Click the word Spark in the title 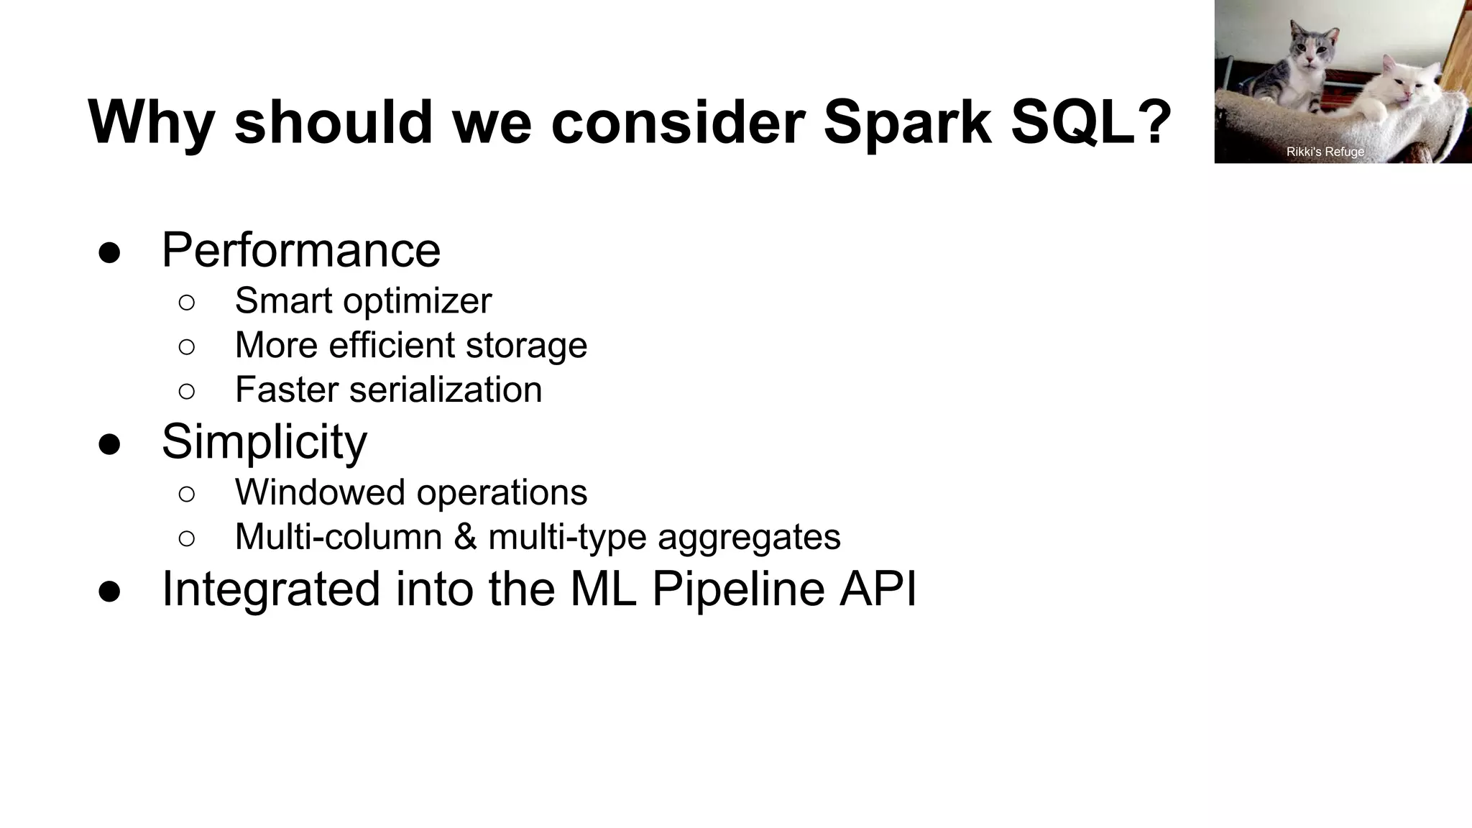pyautogui.click(x=907, y=122)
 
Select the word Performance pyautogui.click(x=300, y=250)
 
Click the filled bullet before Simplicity pyautogui.click(x=109, y=443)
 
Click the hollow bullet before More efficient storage pyautogui.click(x=186, y=346)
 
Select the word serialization pyautogui.click(x=446, y=390)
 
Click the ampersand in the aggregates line pyautogui.click(x=465, y=537)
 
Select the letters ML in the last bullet pyautogui.click(x=603, y=589)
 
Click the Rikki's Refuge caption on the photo pyautogui.click(x=1325, y=152)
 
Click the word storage pyautogui.click(x=526, y=346)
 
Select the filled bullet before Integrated pyautogui.click(x=109, y=591)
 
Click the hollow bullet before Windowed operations pyautogui.click(x=186, y=494)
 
